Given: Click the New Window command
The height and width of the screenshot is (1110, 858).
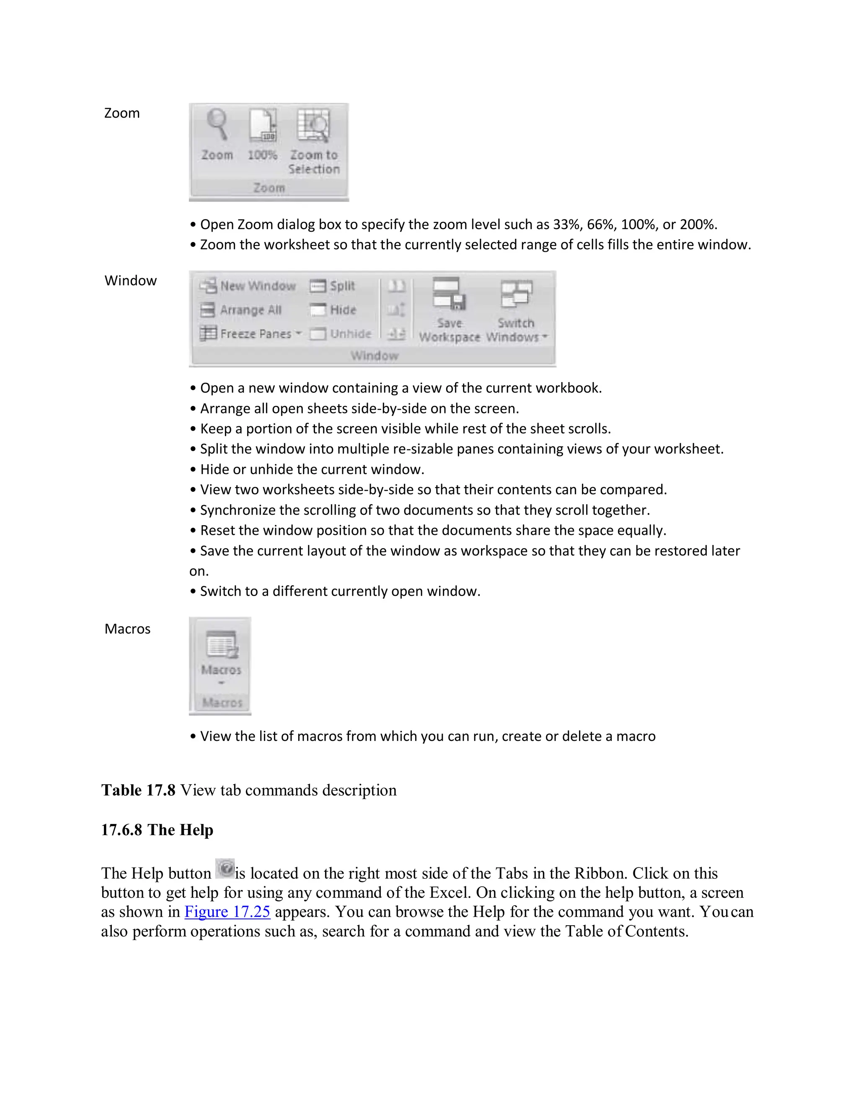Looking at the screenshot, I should [248, 286].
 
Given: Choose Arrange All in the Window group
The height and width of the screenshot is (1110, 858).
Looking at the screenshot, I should [241, 310].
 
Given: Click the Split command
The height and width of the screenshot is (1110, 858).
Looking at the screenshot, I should [333, 286].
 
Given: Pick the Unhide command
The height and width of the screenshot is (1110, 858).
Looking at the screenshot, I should [341, 334].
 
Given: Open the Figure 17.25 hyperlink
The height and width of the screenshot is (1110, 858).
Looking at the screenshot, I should [227, 911].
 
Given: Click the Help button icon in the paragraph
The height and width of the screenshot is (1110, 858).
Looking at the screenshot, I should [225, 869].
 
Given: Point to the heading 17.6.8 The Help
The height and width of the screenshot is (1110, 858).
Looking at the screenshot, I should [157, 830].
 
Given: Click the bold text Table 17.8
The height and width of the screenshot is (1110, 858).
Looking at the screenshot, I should [138, 790].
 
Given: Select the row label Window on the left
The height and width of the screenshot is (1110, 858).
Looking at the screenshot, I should [131, 281].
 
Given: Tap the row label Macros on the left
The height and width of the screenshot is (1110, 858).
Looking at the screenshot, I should [128, 629].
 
